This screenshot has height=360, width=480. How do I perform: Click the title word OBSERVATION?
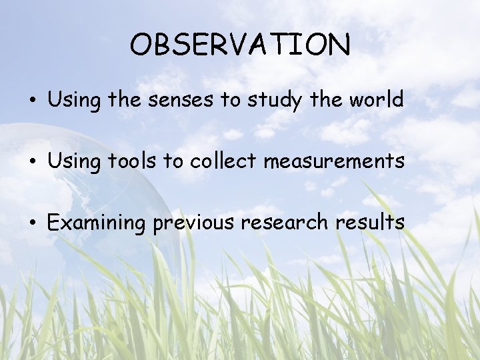coord(240,45)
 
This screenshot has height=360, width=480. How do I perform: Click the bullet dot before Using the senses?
coord(32,101)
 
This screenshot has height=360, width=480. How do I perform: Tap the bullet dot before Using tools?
coord(32,162)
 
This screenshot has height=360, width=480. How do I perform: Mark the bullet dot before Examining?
coord(32,223)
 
